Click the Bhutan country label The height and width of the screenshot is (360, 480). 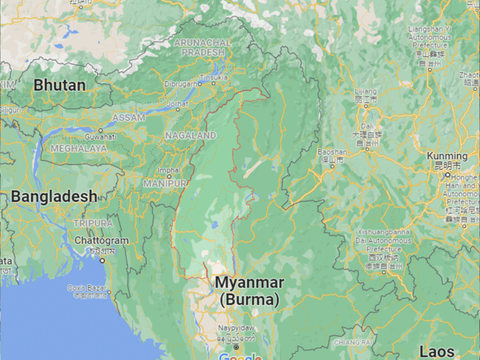click(60, 86)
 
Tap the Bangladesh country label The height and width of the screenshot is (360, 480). click(53, 196)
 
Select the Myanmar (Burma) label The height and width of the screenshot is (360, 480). click(249, 291)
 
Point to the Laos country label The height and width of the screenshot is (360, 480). click(436, 351)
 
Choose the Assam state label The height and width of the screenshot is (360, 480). click(129, 117)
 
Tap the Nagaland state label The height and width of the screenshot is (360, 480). click(190, 136)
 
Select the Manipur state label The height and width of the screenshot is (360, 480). click(165, 184)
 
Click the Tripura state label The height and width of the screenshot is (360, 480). click(93, 224)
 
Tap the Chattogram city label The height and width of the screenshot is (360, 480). click(102, 241)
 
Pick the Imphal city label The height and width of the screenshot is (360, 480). click(169, 170)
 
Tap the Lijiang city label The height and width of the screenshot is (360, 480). click(365, 91)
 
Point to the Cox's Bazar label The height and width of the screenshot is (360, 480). click(87, 288)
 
